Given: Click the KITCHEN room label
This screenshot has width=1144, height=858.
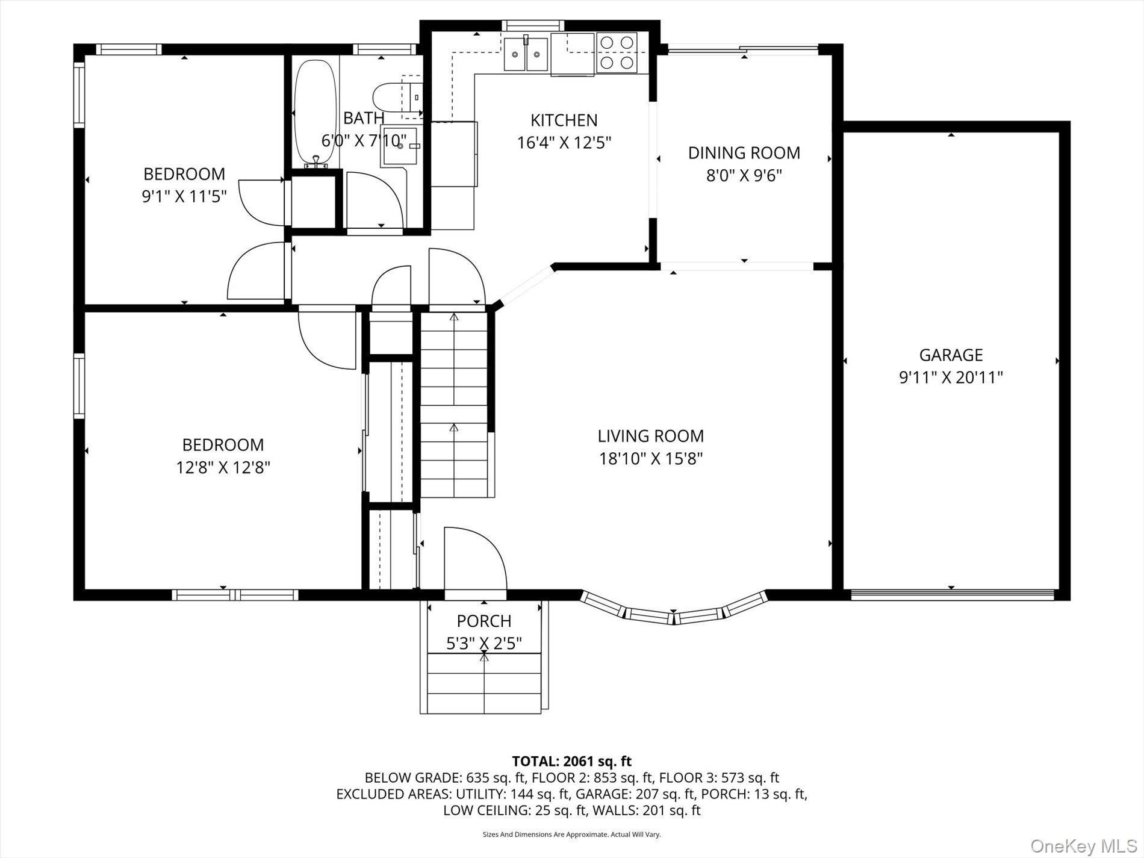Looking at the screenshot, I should coord(564,120).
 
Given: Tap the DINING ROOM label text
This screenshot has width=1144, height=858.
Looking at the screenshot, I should coord(744,153).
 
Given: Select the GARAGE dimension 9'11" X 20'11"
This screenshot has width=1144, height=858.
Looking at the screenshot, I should coord(951,378).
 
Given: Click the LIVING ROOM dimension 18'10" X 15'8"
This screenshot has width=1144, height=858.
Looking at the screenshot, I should coord(651,459).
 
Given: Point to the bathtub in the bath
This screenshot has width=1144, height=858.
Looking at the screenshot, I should coord(315,113).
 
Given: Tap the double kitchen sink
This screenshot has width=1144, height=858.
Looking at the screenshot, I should coord(526,53).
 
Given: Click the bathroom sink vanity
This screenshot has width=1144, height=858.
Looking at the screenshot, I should coord(397,146).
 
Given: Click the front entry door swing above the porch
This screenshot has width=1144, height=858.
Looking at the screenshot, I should coord(473,560).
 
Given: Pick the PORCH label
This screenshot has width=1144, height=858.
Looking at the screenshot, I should coord(483,621).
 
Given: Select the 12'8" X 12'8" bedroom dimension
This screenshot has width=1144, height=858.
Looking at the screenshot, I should coord(223,468).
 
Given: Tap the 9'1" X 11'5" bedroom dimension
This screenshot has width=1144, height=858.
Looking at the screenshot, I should coord(184,197).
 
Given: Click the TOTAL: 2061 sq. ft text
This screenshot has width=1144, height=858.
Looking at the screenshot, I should coord(571,761).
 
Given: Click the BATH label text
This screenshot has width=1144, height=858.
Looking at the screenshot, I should coord(364,118).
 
